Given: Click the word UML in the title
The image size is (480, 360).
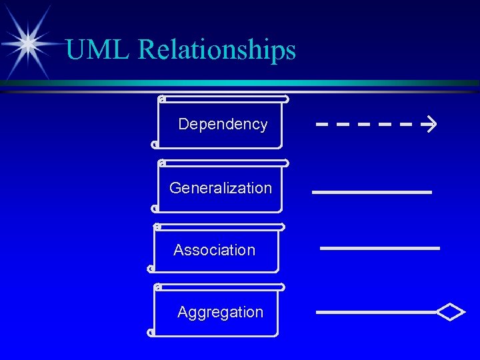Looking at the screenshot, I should [94, 49].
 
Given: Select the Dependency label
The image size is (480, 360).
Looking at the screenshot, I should [223, 124].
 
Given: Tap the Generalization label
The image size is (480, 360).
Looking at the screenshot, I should [221, 188].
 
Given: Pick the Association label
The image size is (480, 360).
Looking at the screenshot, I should [214, 250].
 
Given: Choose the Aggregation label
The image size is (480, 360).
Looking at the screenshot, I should [220, 312].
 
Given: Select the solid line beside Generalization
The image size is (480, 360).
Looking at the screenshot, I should [372, 192].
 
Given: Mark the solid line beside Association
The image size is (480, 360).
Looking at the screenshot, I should [380, 248].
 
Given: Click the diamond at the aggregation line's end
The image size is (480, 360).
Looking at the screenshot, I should [451, 312].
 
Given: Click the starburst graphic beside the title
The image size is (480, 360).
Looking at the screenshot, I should [28, 41].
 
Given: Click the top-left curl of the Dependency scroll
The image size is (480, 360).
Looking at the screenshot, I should [162, 99].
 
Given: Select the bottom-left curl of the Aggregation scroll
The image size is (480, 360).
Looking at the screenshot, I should [151, 331].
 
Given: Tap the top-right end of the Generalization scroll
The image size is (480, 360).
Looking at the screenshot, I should [285, 163].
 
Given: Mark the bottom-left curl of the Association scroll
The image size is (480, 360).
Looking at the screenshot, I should [151, 269].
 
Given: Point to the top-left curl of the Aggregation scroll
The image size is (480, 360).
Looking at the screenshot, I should [157, 287].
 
